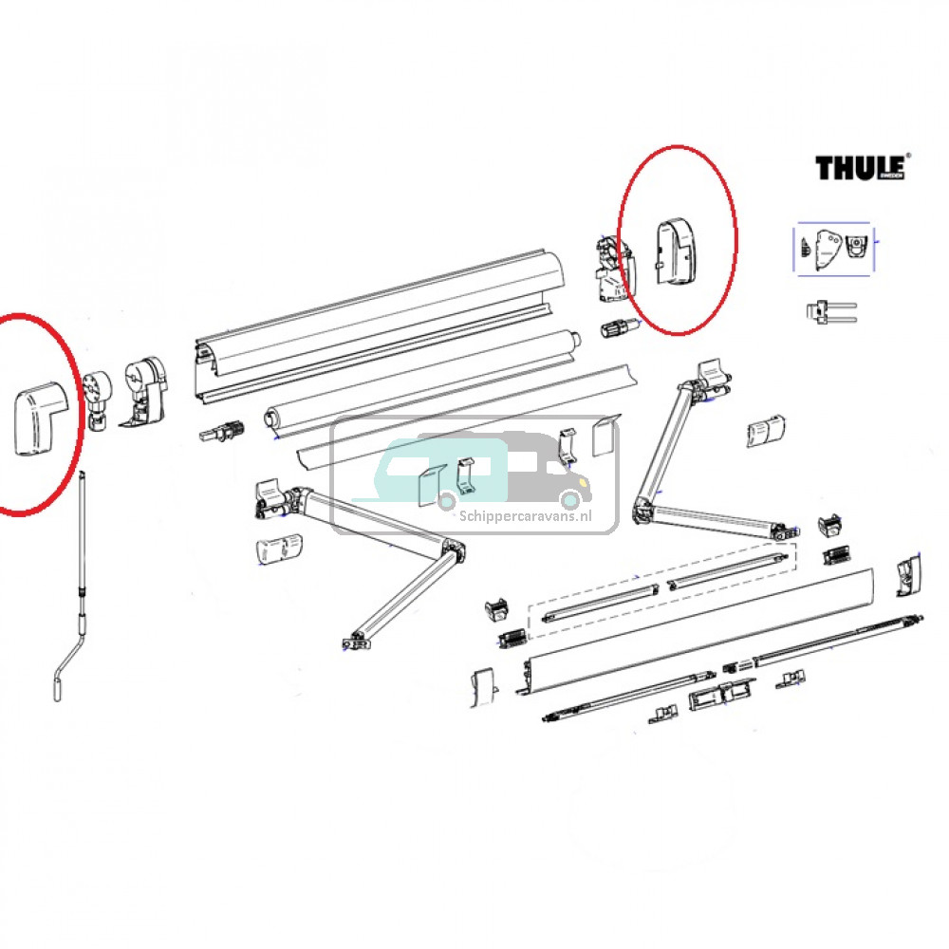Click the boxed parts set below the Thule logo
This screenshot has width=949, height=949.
coord(834,249)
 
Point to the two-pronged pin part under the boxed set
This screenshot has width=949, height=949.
coord(830,312)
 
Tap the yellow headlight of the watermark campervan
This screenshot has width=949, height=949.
coord(571,498)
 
